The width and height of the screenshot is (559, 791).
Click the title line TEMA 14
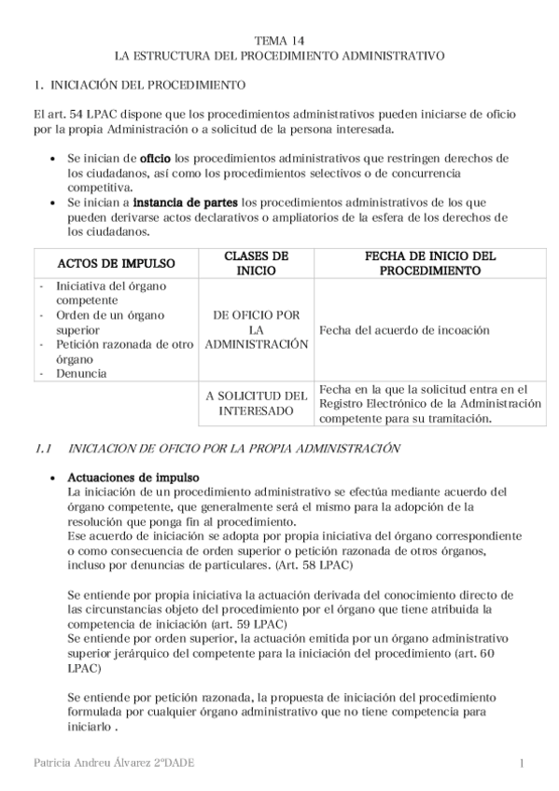pos(279,41)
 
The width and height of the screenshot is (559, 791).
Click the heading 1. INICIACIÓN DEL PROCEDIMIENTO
pos(140,85)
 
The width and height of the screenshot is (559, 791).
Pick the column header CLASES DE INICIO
pos(257,263)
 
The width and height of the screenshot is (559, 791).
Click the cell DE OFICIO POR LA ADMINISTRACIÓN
pos(257,330)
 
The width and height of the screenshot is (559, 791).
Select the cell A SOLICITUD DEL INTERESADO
pos(257,403)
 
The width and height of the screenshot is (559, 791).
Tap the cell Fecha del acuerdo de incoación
pos(404,330)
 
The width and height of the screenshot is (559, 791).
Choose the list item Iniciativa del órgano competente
pos(112,294)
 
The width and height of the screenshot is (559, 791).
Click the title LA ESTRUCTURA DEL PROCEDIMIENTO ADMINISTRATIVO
pos(279,56)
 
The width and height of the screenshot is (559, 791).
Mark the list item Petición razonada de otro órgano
pos(117,352)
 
